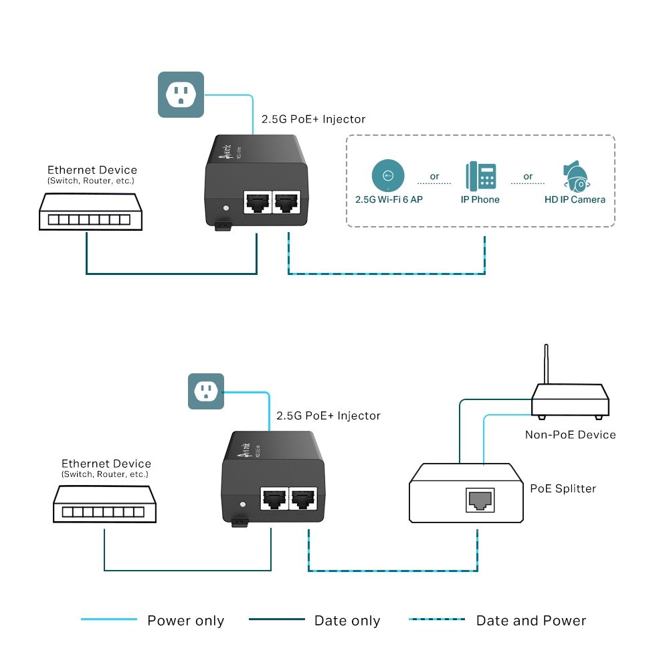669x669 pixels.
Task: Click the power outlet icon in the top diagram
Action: (180, 95)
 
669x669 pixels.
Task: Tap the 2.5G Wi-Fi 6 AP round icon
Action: (388, 176)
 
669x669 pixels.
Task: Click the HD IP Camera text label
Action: (575, 199)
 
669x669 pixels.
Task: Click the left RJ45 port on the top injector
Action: (257, 201)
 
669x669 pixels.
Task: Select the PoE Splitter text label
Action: (563, 488)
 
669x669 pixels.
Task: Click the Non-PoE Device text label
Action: (570, 435)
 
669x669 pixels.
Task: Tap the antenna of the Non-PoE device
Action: (547, 365)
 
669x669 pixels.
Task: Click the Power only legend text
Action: (185, 621)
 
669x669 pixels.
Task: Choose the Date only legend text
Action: (347, 621)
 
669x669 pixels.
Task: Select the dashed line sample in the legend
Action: (437, 619)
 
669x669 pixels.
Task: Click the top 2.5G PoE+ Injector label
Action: (314, 119)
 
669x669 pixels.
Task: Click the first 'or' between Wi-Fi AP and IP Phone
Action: (435, 177)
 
